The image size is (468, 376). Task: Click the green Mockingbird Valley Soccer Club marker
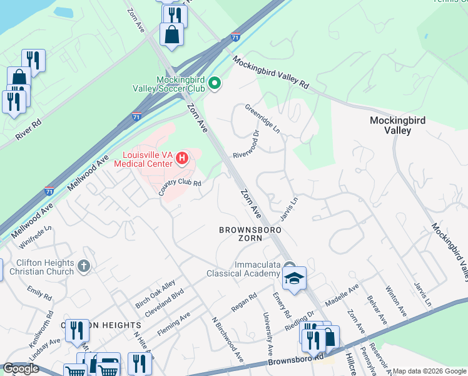point(215,83)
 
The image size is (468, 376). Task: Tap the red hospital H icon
point(181,158)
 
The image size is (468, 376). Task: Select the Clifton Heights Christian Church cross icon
point(84,267)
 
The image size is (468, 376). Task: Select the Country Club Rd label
point(180,187)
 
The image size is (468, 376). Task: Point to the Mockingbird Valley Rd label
point(271,72)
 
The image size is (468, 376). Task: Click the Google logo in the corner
point(21,369)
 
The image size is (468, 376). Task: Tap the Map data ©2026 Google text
point(429,371)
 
